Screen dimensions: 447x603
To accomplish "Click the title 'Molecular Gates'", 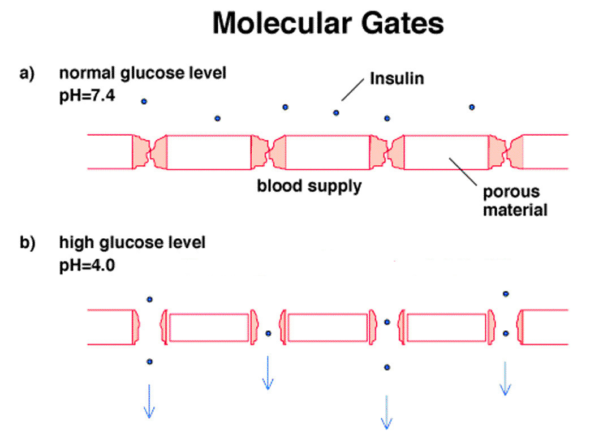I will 328,24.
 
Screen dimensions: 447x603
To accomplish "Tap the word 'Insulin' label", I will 397,78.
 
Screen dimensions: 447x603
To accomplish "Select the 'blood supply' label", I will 309,185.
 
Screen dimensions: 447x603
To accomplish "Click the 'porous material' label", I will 515,201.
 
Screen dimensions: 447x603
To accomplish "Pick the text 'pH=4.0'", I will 87,265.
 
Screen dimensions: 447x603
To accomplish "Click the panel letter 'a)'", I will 27,74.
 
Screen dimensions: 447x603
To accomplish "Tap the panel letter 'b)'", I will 27,243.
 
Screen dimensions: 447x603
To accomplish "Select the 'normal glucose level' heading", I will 143,74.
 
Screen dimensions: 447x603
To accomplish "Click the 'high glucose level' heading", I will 132,243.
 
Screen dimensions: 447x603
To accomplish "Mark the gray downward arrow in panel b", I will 386,412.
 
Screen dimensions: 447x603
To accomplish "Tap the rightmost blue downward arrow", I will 505,379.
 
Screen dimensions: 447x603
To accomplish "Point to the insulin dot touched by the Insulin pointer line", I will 336,113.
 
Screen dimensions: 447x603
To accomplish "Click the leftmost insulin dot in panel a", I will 144,101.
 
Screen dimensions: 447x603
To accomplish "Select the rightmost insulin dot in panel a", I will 472,107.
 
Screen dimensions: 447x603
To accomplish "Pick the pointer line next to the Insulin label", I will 352,90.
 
